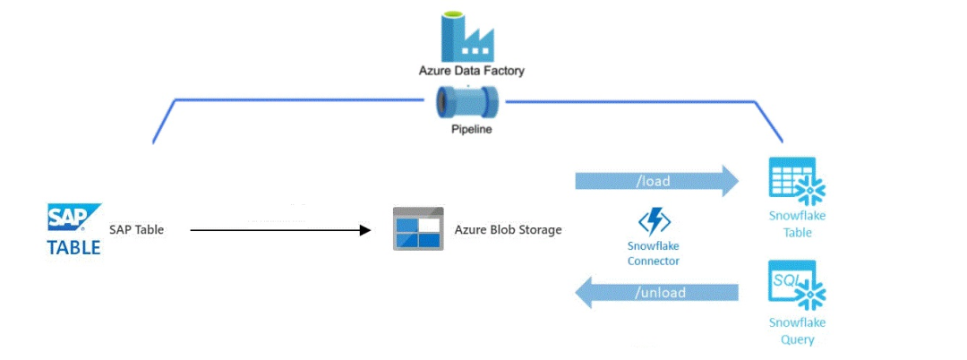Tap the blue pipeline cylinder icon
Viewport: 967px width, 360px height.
tap(467, 103)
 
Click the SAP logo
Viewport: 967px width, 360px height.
tap(74, 219)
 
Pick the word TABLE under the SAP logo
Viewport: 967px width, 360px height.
tap(74, 248)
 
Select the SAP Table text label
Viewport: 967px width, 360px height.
tap(137, 230)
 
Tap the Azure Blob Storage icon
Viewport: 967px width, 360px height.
tap(418, 229)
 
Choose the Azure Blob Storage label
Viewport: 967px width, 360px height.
tap(508, 230)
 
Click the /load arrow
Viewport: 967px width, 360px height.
tap(656, 182)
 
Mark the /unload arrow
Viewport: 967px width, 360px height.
tap(656, 293)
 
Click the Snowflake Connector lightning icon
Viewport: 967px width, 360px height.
tap(655, 222)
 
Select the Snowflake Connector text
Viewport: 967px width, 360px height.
tap(654, 253)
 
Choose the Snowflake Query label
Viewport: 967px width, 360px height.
tap(796, 330)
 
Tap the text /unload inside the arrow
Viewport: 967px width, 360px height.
tap(660, 293)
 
